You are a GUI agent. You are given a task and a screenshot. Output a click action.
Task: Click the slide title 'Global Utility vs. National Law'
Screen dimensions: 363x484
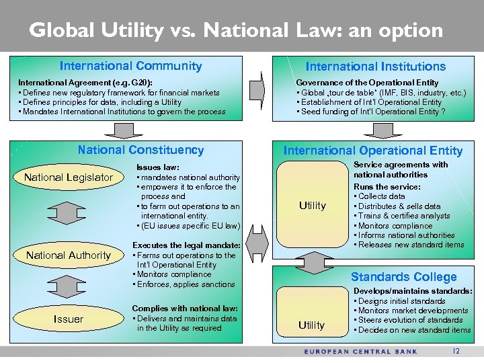[237, 30]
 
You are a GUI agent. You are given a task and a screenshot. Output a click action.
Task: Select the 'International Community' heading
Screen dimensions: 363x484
[130, 66]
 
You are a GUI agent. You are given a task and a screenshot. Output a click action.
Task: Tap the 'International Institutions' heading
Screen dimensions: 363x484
[375, 67]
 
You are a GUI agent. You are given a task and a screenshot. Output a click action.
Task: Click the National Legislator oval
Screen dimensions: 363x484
[69, 177]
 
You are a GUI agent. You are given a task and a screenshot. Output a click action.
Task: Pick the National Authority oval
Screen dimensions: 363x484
[69, 255]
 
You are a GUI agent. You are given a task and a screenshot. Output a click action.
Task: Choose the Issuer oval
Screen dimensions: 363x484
[69, 319]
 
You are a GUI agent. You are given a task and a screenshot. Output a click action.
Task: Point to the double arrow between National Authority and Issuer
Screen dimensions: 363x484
[69, 287]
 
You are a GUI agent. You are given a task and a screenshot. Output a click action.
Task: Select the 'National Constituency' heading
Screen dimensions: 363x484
[140, 150]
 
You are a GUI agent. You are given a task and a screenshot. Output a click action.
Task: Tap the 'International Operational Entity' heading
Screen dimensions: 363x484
[372, 151]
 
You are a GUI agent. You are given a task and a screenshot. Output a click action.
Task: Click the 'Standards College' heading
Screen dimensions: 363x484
[403, 276]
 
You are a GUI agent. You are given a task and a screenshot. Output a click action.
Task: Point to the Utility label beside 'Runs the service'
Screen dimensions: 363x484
[312, 206]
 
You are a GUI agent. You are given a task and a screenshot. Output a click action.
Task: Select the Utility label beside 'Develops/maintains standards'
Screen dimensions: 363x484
[311, 325]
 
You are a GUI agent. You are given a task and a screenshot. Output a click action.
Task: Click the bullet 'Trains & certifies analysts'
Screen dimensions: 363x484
[404, 216]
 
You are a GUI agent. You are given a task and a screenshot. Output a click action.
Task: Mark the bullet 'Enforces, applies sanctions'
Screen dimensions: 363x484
[184, 284]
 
